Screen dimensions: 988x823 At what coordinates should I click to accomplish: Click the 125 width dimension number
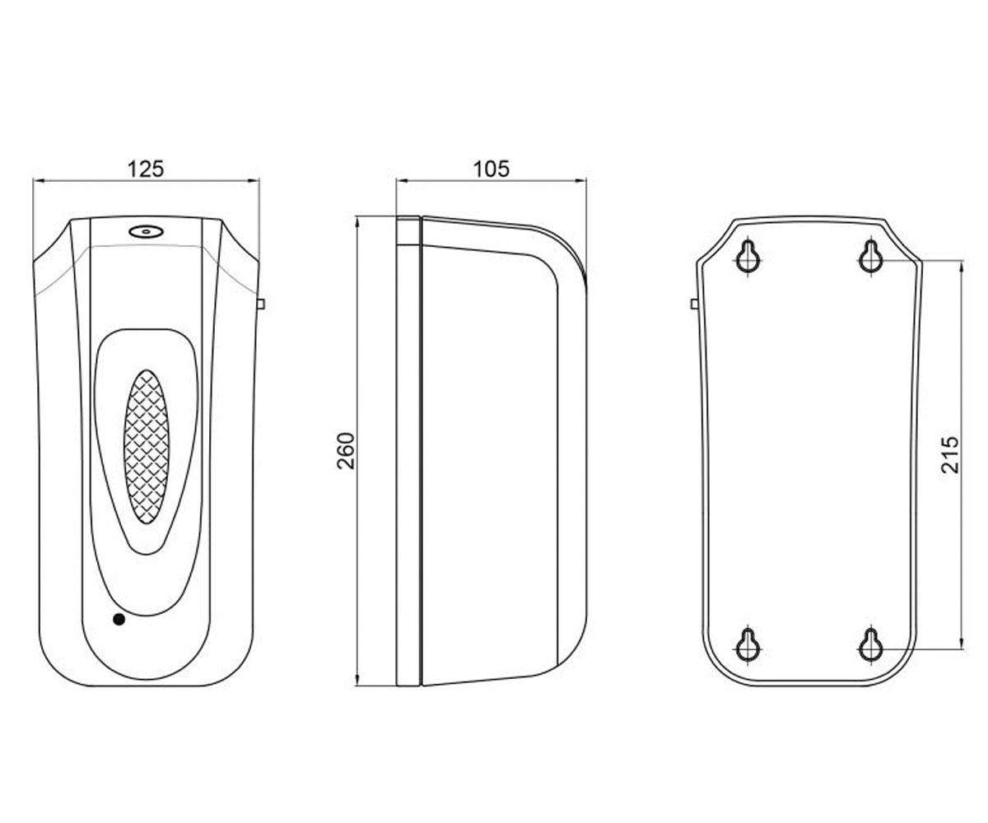click(x=146, y=169)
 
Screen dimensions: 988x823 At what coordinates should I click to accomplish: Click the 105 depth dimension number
click(x=492, y=169)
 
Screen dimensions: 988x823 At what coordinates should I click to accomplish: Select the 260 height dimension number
click(x=346, y=451)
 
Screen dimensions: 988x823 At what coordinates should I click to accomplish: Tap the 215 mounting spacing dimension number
click(x=949, y=454)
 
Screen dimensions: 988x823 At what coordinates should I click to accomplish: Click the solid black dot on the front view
click(x=119, y=619)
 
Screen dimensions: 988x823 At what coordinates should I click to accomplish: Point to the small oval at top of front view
click(x=147, y=231)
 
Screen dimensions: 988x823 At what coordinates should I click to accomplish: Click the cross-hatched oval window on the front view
click(x=147, y=447)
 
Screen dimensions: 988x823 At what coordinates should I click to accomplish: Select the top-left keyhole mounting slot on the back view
click(x=748, y=257)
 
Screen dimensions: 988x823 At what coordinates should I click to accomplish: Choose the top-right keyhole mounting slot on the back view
click(x=871, y=257)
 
